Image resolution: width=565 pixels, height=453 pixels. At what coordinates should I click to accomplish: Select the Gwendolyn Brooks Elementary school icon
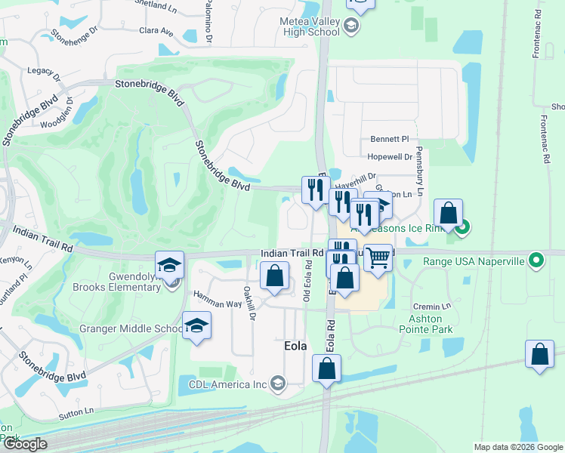(x=170, y=264)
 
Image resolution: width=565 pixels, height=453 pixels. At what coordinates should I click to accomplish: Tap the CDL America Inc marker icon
(x=277, y=384)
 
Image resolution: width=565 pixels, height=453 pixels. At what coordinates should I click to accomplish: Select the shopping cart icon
(x=378, y=258)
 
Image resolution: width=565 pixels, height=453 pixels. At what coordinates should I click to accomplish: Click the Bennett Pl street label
(x=389, y=140)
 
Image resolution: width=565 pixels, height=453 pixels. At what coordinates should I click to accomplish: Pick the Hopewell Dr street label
(x=390, y=157)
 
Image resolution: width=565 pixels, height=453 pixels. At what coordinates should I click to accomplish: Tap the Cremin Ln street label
(x=436, y=306)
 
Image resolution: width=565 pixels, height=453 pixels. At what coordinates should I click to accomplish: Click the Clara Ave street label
(x=156, y=32)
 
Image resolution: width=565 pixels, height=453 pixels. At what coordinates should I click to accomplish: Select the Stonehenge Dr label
(x=74, y=35)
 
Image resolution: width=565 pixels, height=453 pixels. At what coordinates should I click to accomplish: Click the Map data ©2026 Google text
(x=517, y=447)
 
